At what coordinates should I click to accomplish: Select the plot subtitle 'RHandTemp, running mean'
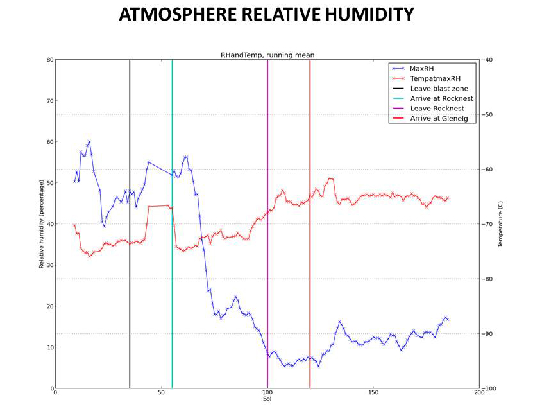tap(267, 55)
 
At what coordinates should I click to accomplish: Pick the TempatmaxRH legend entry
tap(436, 78)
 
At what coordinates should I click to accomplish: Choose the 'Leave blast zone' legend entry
tap(439, 88)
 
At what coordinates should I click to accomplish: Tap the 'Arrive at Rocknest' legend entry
tap(441, 98)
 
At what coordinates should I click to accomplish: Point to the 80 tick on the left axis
tap(49, 60)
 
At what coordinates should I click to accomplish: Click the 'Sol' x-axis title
tap(267, 399)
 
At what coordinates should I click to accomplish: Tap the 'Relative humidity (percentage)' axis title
tap(42, 223)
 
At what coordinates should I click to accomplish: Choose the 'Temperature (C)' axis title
tap(500, 223)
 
